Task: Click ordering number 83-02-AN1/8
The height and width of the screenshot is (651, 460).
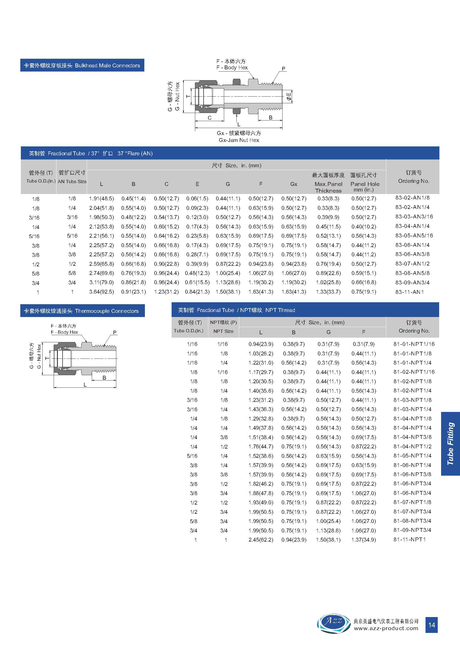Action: point(412,198)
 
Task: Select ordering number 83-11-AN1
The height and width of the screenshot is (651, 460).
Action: point(409,292)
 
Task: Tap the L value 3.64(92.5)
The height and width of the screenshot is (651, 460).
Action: point(102,292)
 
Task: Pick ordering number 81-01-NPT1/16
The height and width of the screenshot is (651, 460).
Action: point(414,344)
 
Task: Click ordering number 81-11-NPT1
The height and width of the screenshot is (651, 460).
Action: point(409,540)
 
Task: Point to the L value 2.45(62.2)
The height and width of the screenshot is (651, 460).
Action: point(261,540)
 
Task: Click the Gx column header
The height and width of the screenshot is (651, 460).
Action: point(294,184)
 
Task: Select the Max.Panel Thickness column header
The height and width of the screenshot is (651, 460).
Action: point(328,187)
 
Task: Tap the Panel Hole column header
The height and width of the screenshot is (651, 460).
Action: point(365,186)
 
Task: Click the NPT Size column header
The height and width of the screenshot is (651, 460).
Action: point(223,331)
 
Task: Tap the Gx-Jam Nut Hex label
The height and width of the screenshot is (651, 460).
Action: point(239,140)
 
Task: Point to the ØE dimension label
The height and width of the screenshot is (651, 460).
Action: point(289,96)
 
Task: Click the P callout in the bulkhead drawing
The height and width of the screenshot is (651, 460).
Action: point(283,69)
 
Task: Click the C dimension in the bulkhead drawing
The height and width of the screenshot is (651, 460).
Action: point(209,118)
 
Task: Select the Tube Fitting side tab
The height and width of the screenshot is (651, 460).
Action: point(450,444)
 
